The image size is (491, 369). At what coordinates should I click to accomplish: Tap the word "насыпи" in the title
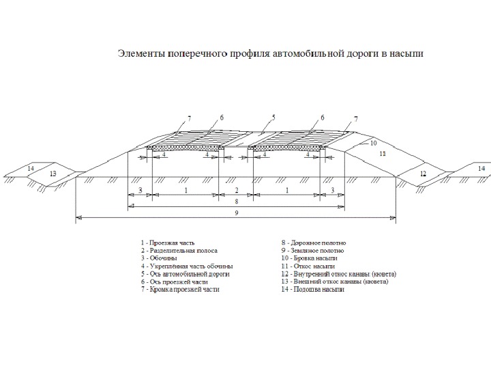pyautogui.click(x=404, y=53)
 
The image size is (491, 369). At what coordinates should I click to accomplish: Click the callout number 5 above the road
pyautogui.click(x=273, y=118)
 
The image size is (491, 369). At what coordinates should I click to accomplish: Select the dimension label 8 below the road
pyautogui.click(x=235, y=202)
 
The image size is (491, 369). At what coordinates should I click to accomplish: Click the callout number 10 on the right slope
pyautogui.click(x=372, y=143)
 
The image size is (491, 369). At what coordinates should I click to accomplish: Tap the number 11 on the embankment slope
pyautogui.click(x=383, y=154)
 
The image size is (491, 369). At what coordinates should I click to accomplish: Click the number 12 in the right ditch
pyautogui.click(x=423, y=174)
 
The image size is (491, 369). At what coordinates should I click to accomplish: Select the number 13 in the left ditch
pyautogui.click(x=53, y=174)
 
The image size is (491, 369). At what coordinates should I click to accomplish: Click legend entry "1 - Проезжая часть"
pyautogui.click(x=168, y=243)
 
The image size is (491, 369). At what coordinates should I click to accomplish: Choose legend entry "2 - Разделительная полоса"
pyautogui.click(x=179, y=251)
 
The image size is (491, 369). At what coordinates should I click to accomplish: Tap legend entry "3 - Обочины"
pyautogui.click(x=159, y=258)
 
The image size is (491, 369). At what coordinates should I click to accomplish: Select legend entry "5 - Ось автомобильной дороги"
pyautogui.click(x=185, y=274)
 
